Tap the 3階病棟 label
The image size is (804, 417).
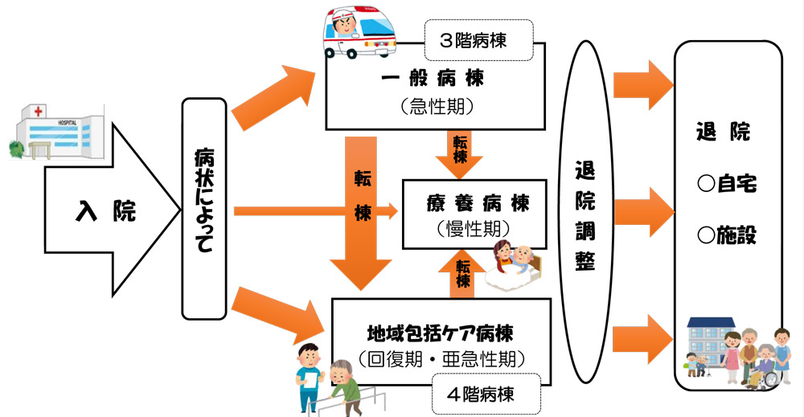point(479,40)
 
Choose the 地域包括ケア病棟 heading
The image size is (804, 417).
point(440,331)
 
